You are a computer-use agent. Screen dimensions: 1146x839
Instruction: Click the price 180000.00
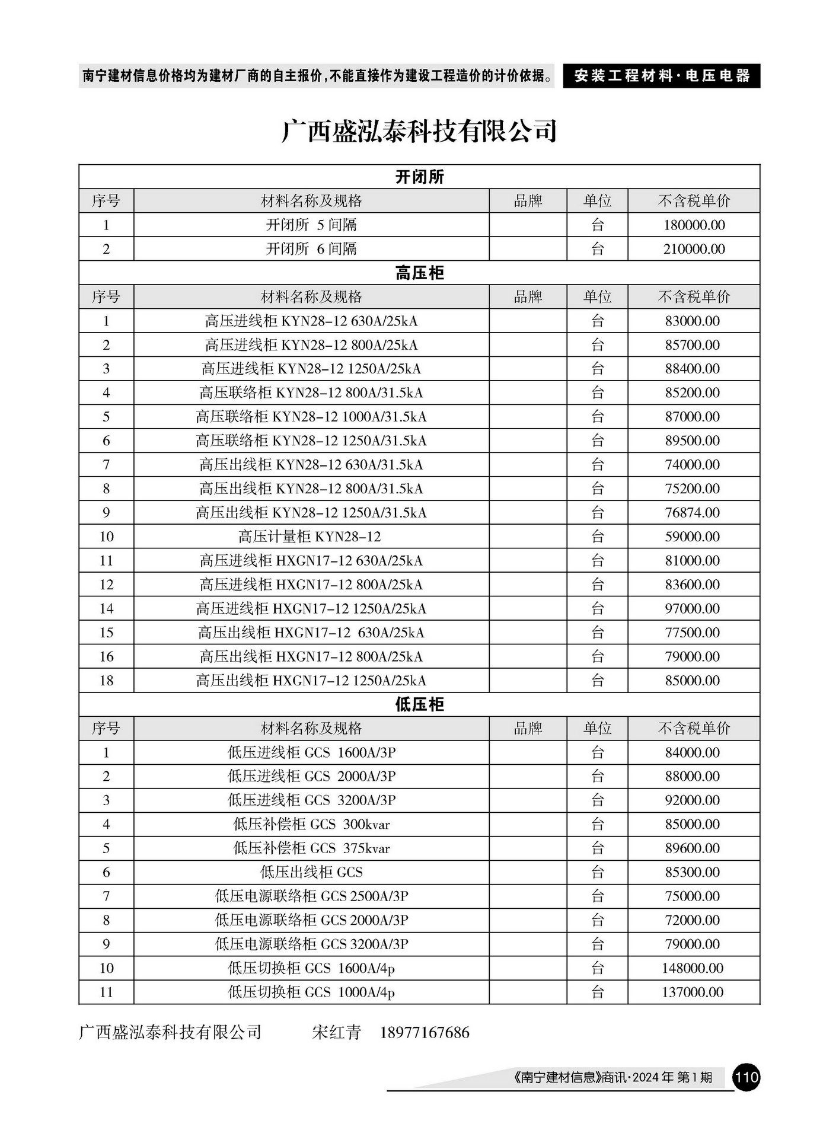click(x=694, y=225)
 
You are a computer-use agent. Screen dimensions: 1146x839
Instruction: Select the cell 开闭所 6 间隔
click(x=311, y=249)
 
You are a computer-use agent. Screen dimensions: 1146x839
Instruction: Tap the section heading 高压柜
click(x=419, y=273)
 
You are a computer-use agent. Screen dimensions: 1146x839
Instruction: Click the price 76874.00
click(x=693, y=513)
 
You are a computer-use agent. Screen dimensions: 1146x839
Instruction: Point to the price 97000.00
click(x=693, y=609)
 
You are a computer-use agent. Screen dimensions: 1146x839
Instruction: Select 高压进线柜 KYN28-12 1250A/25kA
click(x=311, y=369)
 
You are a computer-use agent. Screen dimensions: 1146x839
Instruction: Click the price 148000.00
click(x=693, y=968)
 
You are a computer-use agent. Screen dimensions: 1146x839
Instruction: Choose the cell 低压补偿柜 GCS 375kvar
click(x=311, y=848)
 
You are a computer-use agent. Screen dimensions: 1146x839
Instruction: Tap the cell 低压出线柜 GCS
click(x=311, y=872)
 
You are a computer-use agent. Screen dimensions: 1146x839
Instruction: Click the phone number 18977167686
click(x=425, y=1033)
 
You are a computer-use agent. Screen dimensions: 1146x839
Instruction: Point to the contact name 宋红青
click(x=336, y=1033)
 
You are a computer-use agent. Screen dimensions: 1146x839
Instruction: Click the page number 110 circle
click(x=746, y=1077)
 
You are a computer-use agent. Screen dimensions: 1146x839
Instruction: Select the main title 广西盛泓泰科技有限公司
click(x=419, y=131)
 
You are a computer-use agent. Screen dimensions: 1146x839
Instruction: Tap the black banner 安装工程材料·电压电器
click(x=661, y=76)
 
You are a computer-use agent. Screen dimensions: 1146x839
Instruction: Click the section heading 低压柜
click(x=419, y=704)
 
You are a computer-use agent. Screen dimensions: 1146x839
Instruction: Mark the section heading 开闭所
click(x=419, y=177)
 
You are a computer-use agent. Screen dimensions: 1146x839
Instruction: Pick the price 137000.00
click(x=693, y=992)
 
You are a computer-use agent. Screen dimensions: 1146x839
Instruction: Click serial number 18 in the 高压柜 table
click(x=106, y=681)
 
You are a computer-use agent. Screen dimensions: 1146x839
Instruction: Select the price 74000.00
click(x=693, y=465)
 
